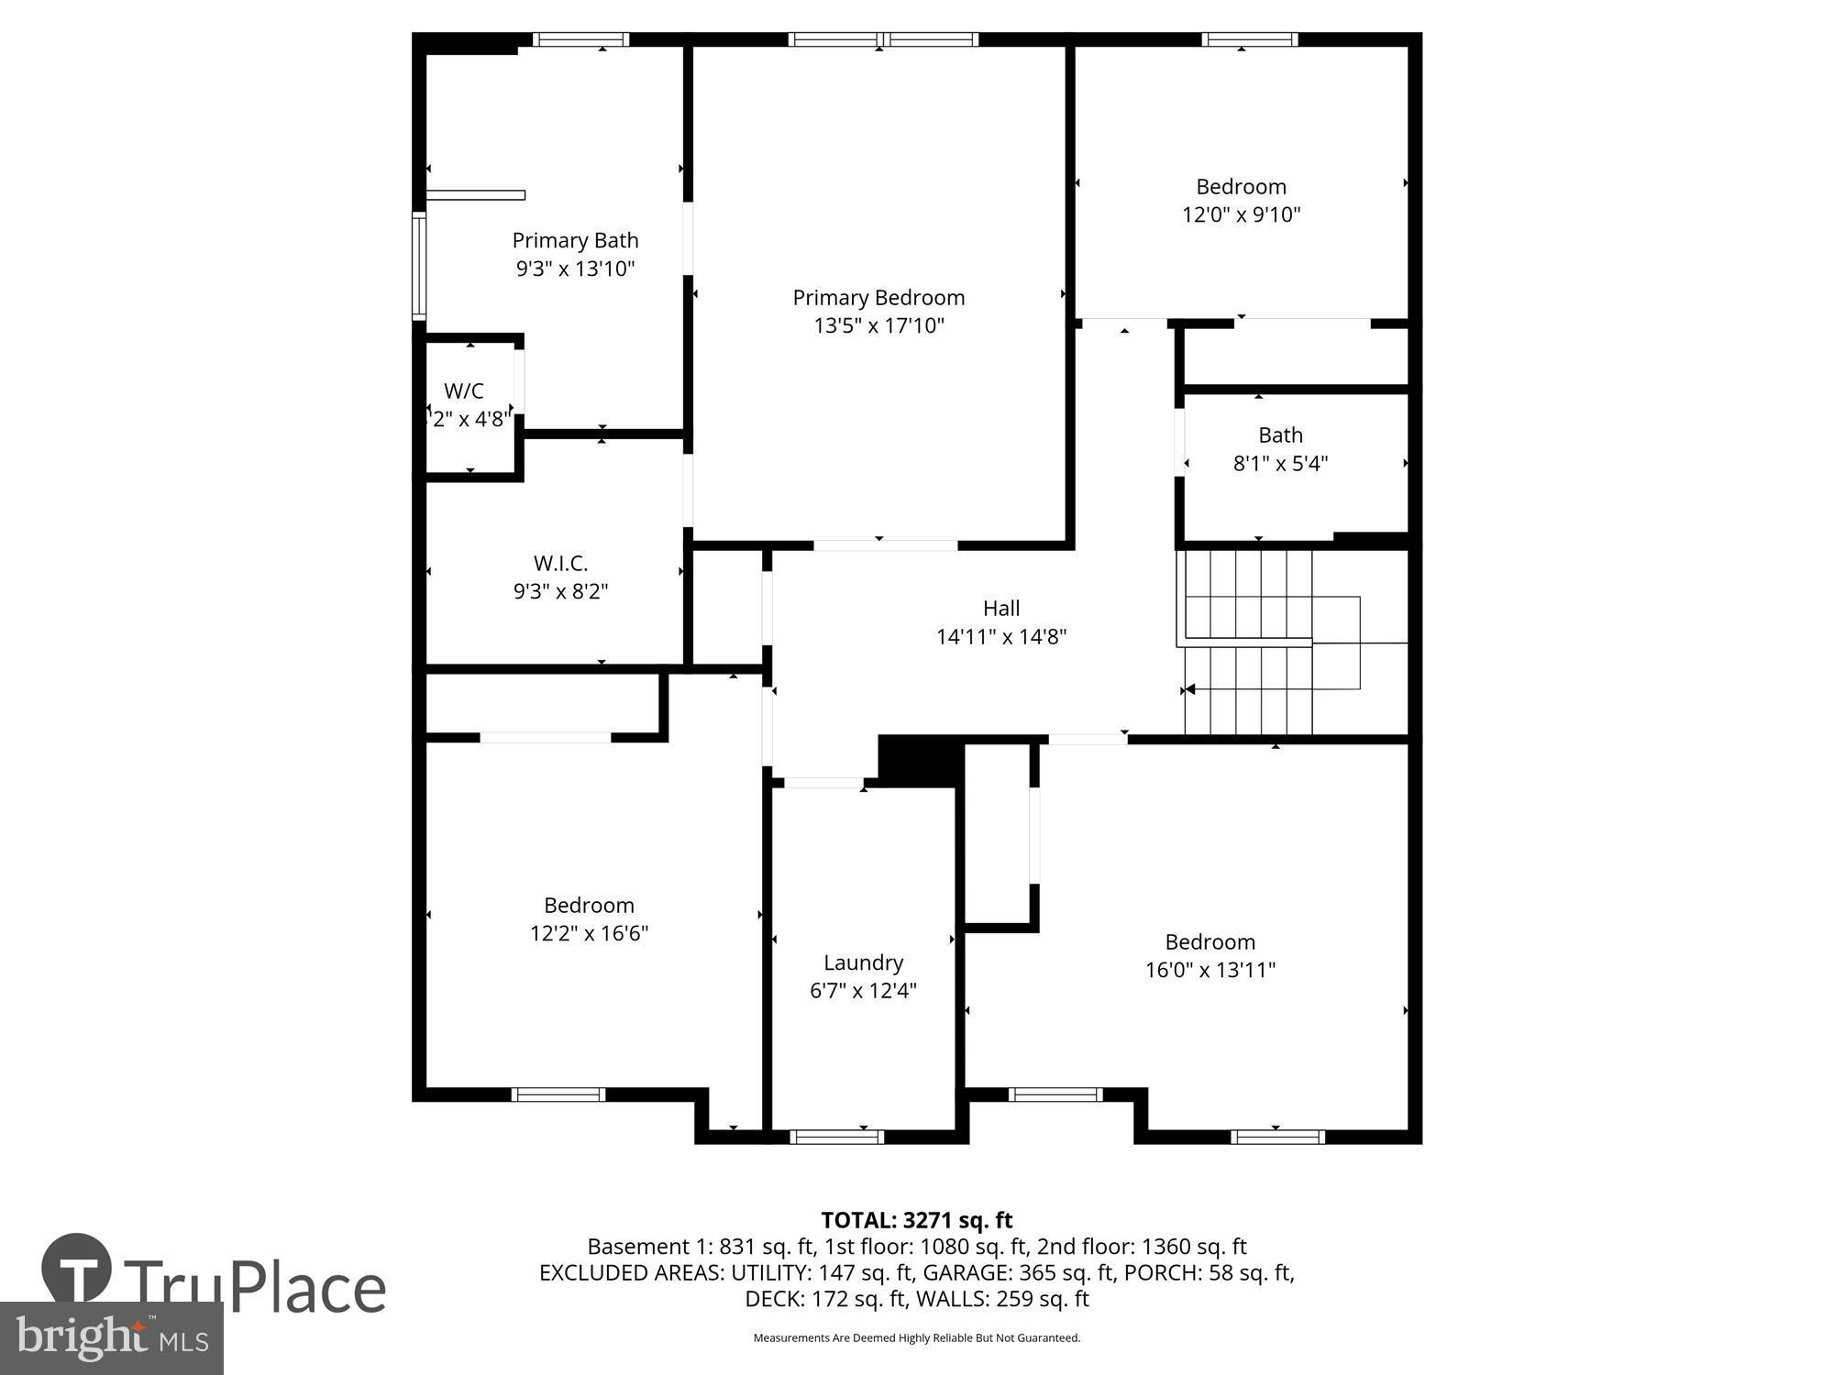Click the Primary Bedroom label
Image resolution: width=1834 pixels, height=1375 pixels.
click(x=878, y=298)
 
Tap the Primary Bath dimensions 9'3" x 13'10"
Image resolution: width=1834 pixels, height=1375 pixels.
click(x=575, y=269)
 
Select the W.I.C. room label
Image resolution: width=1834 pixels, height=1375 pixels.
click(x=560, y=563)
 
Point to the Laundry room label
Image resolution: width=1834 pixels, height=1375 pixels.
click(x=863, y=962)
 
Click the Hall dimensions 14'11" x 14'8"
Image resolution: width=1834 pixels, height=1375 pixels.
click(x=1000, y=636)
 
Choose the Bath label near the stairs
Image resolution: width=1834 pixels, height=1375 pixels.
click(x=1280, y=435)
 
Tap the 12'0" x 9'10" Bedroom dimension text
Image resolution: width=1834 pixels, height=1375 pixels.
click(x=1241, y=214)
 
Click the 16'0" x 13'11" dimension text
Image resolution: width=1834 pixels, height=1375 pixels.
click(x=1210, y=970)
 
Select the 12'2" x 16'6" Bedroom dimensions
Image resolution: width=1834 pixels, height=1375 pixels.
click(x=589, y=933)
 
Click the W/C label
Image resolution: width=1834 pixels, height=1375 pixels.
click(x=463, y=391)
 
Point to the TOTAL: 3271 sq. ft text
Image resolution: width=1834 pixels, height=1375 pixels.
click(x=916, y=1220)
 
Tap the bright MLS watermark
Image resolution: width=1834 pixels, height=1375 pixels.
click(x=111, y=1338)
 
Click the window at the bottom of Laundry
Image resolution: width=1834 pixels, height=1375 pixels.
click(x=836, y=1137)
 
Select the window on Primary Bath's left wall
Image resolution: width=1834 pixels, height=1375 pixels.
click(x=419, y=265)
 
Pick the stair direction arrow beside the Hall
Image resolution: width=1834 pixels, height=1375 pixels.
click(x=1189, y=689)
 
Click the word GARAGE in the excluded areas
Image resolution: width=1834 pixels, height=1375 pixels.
click(x=962, y=1272)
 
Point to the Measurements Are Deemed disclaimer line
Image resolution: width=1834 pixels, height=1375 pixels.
click(x=916, y=1338)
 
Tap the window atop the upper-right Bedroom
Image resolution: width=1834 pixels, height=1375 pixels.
click(x=1249, y=39)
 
